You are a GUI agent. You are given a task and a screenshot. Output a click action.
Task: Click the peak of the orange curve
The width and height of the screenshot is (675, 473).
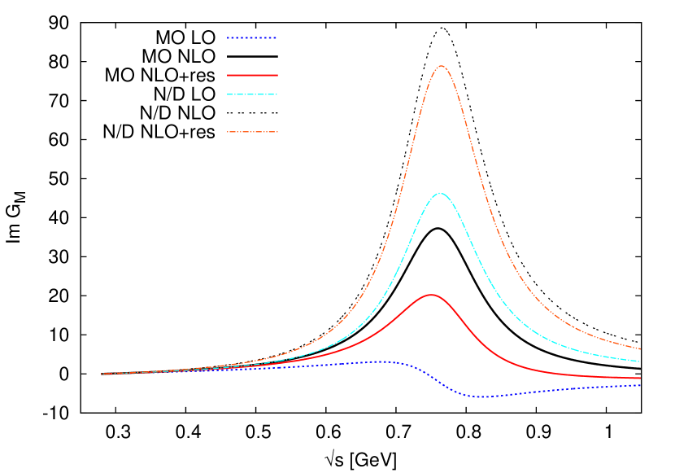point(441,66)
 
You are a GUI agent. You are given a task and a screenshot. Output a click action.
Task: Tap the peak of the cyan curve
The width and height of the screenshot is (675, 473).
point(440,193)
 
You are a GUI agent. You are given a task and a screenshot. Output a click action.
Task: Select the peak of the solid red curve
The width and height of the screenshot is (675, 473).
point(430,295)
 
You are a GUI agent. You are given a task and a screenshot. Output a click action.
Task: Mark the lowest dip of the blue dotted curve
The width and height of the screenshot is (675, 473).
point(480,396)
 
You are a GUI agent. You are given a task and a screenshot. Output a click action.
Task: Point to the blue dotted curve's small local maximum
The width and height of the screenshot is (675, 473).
point(381,361)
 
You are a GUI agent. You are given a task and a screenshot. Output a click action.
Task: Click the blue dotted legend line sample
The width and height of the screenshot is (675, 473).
point(252,38)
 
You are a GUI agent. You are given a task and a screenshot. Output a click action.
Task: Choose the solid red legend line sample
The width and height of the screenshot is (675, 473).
point(252,75)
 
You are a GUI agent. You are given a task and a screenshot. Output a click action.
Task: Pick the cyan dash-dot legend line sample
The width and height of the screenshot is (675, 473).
point(252,94)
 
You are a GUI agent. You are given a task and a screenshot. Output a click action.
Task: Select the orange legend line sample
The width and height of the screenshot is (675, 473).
point(252,132)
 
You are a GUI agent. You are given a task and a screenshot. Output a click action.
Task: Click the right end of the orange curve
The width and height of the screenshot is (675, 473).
point(640,348)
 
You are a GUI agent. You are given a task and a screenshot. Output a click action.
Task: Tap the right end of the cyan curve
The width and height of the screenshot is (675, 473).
point(640,361)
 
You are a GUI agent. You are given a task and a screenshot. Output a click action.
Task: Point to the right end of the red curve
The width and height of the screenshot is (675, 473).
point(640,378)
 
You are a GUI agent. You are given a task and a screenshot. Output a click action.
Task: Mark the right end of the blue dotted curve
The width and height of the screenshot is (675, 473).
point(640,385)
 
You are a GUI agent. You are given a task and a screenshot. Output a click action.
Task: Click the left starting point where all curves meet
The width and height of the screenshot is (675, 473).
point(102,374)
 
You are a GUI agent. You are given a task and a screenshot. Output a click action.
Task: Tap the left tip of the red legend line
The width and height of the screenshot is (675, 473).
point(228,75)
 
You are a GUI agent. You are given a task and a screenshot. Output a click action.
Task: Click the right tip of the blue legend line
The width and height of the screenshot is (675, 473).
point(277,38)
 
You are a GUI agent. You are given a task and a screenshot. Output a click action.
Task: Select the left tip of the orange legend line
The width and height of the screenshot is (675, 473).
point(228,132)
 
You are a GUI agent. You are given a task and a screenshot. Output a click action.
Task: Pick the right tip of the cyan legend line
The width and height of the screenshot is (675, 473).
point(277,94)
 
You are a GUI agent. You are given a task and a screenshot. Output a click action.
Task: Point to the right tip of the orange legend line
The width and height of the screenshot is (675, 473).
point(277,132)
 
